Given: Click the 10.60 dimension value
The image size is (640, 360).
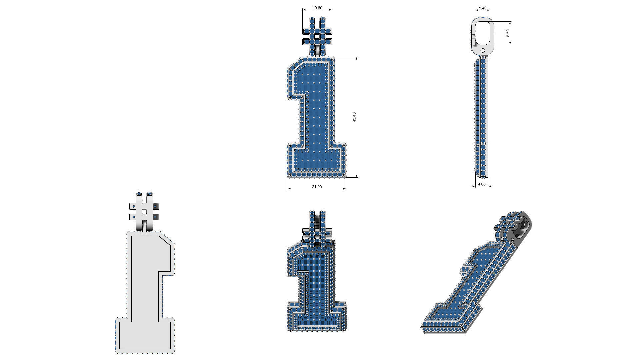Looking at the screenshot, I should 317,8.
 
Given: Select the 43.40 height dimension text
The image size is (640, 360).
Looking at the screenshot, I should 354,117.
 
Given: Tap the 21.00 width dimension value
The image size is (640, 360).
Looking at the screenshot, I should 317,187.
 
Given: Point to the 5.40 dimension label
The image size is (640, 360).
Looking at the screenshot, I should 482,8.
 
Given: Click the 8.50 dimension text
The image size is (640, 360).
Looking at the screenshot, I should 508,33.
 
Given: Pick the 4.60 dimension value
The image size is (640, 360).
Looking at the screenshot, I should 482,184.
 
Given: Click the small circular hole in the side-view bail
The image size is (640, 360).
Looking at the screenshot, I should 482,50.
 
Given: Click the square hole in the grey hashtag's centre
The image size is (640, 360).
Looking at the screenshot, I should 144,212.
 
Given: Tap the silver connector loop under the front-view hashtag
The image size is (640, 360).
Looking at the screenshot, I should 317,51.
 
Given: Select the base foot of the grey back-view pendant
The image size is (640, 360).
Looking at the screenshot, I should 145,335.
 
